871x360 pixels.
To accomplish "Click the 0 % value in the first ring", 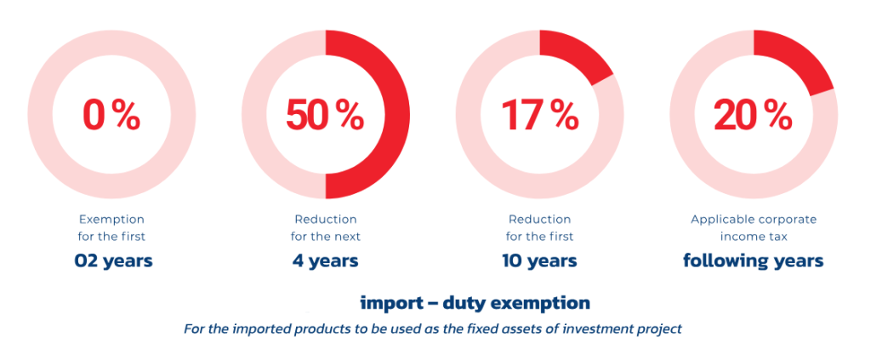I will point(111,115).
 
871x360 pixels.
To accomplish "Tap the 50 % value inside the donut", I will point(325,115).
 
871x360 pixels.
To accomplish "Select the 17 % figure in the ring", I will point(539,115).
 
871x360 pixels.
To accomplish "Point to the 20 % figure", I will point(753,115).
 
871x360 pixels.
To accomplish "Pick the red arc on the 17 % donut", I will point(580,56).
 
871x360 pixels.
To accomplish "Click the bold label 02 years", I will point(114,260).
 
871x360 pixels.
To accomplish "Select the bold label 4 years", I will point(325,260).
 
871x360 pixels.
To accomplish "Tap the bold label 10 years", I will point(539,260).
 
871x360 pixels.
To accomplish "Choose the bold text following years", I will point(753,260).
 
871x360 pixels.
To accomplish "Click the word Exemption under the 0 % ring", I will point(111,220).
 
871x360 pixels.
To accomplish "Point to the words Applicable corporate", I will point(753,220).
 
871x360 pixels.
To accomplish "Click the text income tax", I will point(753,236).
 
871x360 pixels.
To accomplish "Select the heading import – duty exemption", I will point(475,303).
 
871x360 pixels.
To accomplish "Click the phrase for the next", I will point(325,236).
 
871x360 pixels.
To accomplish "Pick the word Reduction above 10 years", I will point(539,220).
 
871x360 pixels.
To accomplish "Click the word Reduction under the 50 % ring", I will point(325,220).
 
